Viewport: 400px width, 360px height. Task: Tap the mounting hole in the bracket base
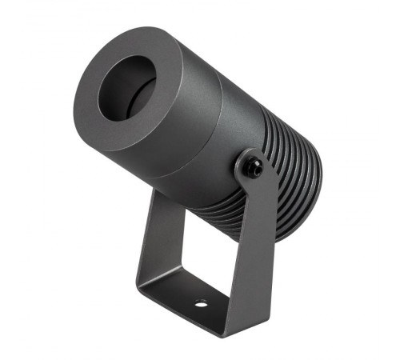pos(201,304)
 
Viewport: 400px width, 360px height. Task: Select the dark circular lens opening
pos(127,88)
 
